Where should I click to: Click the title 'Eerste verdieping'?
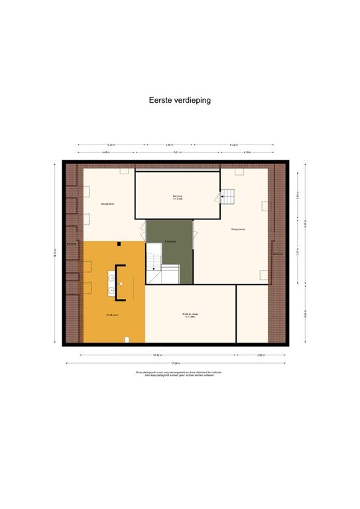point(180,101)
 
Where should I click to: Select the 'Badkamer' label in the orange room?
point(112,314)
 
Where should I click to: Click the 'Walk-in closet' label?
point(191,314)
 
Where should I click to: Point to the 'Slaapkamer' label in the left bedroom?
point(109,203)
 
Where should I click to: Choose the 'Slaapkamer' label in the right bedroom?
point(239,229)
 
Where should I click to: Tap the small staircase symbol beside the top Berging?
point(227,196)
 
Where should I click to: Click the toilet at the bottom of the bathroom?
point(127,340)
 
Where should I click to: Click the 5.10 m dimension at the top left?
point(111,144)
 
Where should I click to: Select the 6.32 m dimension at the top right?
point(235,144)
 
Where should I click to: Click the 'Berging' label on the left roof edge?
point(72,243)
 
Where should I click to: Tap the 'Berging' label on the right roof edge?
point(278,254)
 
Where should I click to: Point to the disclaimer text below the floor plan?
point(179,374)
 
